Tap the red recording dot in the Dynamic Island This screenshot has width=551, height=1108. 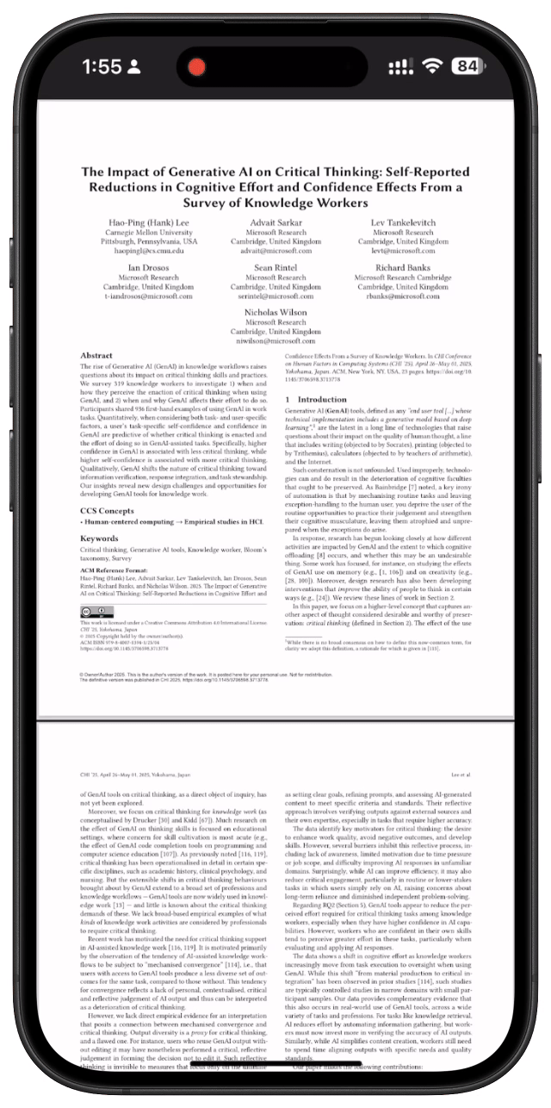coord(197,66)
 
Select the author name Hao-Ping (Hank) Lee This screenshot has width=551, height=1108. coord(147,222)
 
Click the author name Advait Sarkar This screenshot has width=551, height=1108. coord(275,222)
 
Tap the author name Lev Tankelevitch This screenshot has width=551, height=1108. coord(403,222)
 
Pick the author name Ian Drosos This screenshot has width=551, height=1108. coord(147,267)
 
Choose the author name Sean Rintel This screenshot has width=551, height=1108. coord(275,267)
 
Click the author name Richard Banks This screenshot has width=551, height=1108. coord(403,267)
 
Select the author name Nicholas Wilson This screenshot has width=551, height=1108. coord(275,311)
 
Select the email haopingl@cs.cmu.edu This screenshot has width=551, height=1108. coord(147,251)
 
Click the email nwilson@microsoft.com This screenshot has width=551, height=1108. coord(275,340)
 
